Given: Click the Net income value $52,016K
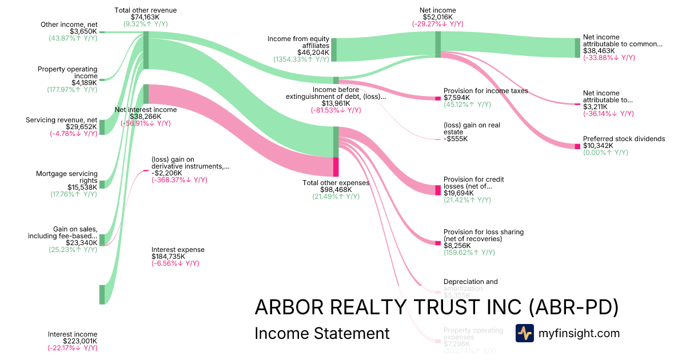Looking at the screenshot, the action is tap(437, 17).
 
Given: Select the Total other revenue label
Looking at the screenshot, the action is tap(145, 10).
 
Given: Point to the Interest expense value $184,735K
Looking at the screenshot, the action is tap(168, 257).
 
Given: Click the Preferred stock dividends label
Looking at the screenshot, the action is tap(624, 139).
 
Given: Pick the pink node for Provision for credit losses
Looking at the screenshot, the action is tap(438, 190).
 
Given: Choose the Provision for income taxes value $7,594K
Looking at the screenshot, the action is tap(456, 98).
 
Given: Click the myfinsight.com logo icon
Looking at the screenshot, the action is tap(524, 333).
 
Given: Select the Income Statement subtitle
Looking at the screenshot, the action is tap(322, 333).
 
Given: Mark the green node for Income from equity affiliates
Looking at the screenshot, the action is tap(334, 50).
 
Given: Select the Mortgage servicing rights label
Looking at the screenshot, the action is tap(67, 174).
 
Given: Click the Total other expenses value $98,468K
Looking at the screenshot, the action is tap(336, 190).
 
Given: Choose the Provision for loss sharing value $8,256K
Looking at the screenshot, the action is tap(456, 245).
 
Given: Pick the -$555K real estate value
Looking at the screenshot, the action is tap(456, 139).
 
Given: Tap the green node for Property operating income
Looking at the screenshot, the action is tap(102, 80).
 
